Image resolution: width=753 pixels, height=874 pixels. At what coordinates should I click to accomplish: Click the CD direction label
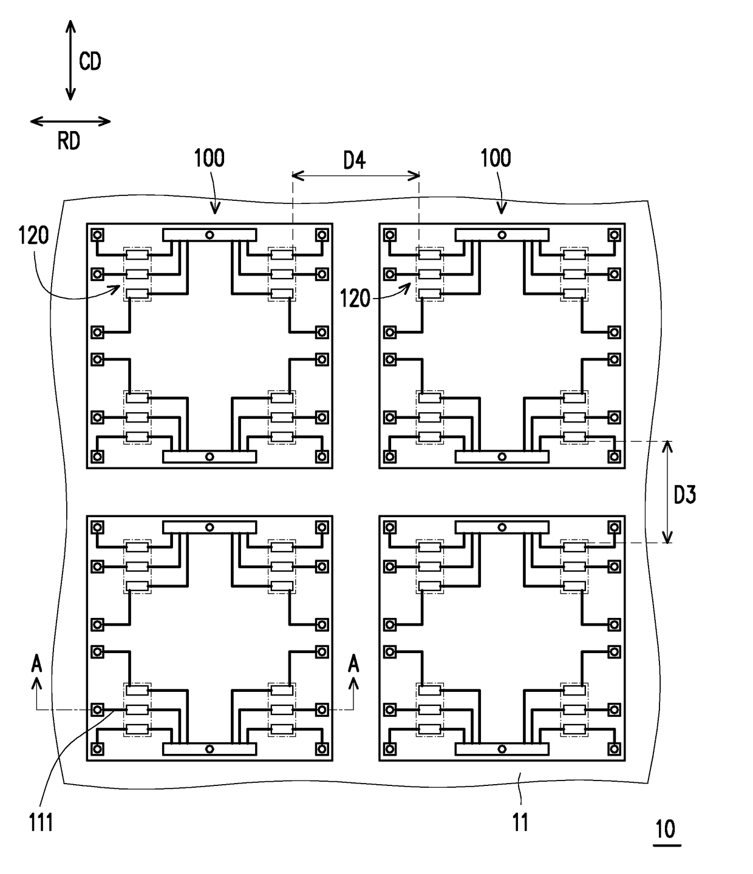[90, 61]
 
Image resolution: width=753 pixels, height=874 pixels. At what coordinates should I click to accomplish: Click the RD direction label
[69, 141]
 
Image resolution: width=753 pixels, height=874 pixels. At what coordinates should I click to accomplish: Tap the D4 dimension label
[355, 161]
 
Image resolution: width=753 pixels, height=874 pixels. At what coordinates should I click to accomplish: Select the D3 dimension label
[685, 495]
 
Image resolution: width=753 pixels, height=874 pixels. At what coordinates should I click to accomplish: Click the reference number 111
[41, 823]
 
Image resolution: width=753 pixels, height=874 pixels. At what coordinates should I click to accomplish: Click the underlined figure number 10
[666, 829]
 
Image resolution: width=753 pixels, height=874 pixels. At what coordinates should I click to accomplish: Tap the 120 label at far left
[33, 235]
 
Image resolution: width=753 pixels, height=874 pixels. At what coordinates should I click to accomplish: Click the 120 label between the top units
[355, 299]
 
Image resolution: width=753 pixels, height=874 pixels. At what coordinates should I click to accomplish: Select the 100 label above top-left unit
[210, 158]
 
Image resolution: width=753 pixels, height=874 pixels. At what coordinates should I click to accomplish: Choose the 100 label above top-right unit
[496, 158]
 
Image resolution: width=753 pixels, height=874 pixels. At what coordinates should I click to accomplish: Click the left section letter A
[37, 663]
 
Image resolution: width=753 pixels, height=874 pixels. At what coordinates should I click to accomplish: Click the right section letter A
[353, 663]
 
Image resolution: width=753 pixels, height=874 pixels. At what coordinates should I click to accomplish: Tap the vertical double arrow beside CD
[70, 60]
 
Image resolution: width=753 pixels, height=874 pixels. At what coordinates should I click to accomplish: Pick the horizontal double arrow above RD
[70, 122]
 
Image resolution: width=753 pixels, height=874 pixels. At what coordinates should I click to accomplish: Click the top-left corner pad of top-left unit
[98, 235]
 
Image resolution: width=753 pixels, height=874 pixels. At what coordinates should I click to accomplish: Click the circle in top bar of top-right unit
[502, 235]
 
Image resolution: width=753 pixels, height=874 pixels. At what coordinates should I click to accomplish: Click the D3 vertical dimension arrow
[667, 492]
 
